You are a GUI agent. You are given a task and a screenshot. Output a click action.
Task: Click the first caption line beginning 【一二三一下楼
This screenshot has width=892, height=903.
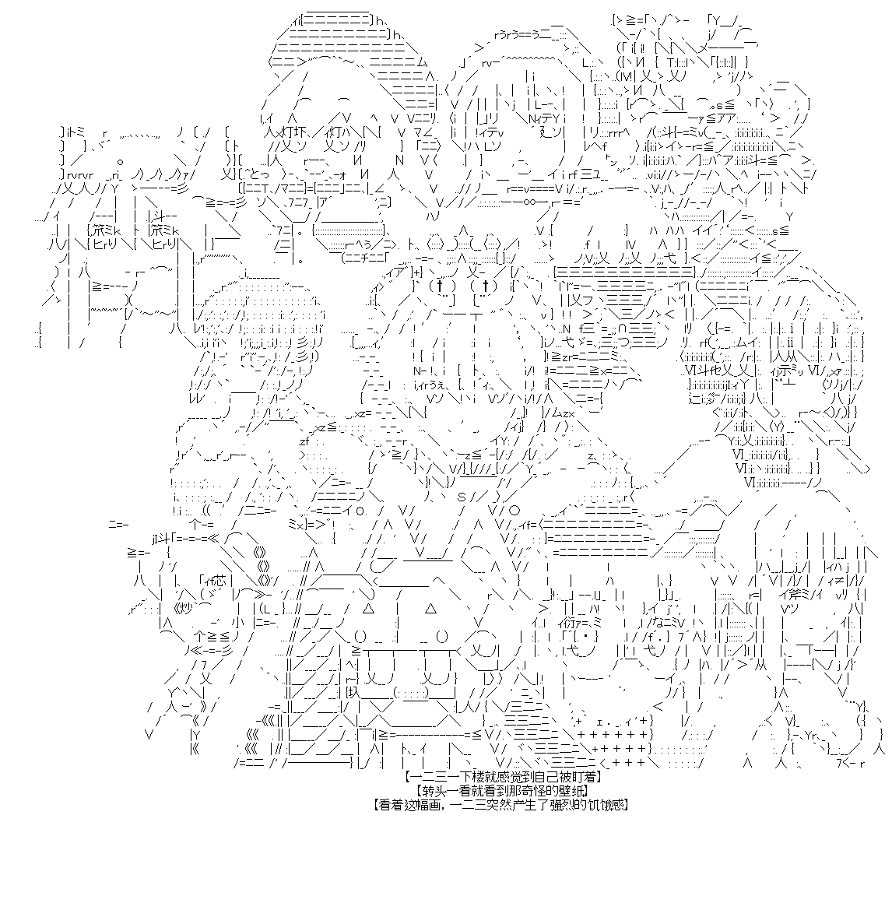[504, 778]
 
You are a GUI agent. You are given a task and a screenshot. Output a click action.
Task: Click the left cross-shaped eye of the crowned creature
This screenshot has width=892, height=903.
[439, 286]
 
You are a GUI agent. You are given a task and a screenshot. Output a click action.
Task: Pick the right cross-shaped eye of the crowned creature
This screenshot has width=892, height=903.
[485, 286]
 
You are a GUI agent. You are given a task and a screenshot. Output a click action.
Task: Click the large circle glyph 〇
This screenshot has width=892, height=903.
[514, 510]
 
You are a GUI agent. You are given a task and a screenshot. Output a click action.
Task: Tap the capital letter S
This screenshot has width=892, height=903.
[462, 497]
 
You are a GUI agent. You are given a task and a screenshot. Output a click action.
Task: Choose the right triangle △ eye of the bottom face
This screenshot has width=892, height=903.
[430, 608]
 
